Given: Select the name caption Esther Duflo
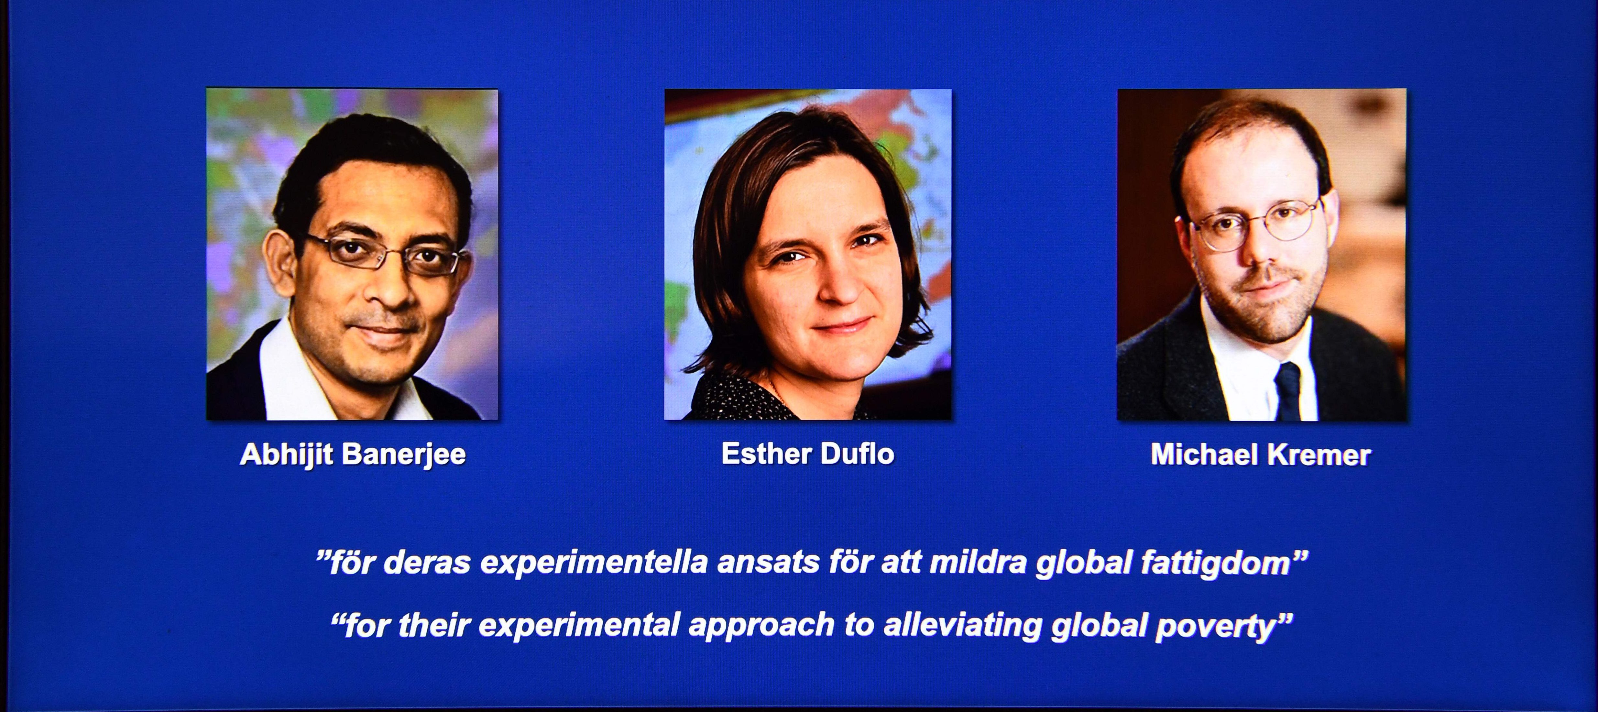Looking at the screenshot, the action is [x=808, y=454].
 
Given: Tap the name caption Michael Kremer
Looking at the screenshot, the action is [x=1261, y=455].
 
